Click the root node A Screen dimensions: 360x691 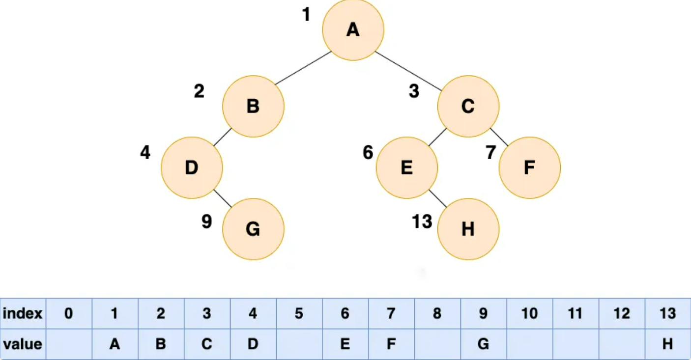point(353,30)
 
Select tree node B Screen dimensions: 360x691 point(253,106)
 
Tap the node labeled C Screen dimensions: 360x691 point(468,106)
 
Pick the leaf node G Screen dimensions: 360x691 point(253,229)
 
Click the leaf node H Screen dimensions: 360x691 point(468,229)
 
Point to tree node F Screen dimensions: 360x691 point(529,168)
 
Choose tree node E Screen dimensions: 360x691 point(406,168)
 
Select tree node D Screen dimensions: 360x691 point(192,168)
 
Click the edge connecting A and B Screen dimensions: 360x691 point(303,68)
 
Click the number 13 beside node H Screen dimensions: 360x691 point(422,222)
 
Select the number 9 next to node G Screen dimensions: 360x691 point(206,222)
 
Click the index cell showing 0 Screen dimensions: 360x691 point(69,313)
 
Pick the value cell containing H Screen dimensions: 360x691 point(667,344)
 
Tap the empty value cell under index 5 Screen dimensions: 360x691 point(299,344)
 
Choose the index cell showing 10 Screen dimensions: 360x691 point(529,313)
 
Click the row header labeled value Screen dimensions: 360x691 point(23,344)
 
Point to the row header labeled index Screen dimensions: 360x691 point(23,313)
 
